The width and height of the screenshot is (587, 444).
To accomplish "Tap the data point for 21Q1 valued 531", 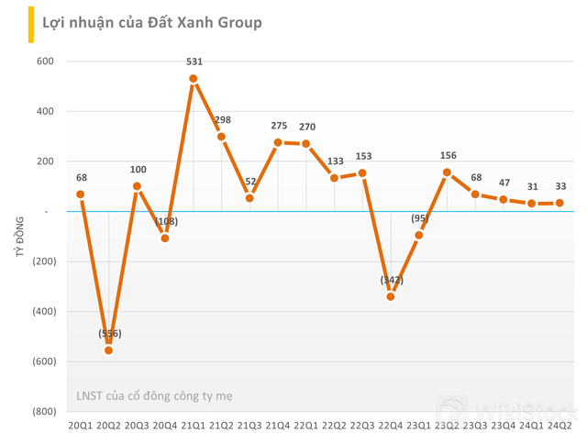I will coord(194,79).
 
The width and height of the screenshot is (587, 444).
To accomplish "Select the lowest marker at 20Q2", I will coord(109,350).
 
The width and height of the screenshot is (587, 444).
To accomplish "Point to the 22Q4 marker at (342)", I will coord(391,296).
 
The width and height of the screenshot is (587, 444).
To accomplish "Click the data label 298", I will coord(222,120).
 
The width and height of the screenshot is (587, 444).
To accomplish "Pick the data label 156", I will coord(448,155).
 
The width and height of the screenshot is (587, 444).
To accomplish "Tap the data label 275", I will coord(278,126).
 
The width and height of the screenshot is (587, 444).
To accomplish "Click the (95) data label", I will coord(419,218).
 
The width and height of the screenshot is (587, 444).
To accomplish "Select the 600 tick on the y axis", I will coord(45,61).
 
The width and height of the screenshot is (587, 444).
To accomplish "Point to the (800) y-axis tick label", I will coord(42,411).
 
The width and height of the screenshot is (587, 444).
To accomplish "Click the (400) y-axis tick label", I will coord(42,311).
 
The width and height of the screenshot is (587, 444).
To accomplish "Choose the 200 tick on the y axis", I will coord(45,161).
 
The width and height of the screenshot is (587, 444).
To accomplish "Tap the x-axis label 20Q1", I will coord(81,426).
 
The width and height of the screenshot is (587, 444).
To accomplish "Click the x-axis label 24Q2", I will coord(559,426).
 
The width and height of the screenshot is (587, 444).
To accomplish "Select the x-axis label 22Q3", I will coord(362,426).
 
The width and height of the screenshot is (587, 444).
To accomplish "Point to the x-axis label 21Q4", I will coord(278,426).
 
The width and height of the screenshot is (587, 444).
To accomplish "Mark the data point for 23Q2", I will coord(448,172).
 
